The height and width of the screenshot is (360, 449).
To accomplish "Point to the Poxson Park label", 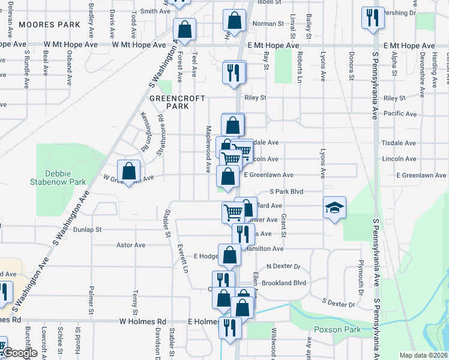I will coord(337,329).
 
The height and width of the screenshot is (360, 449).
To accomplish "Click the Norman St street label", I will coord(268,24).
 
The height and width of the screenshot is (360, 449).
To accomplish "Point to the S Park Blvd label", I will coord(286,191).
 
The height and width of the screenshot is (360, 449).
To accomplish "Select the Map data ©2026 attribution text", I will coord(423,355).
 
